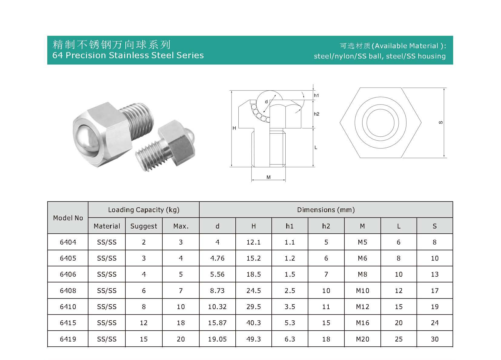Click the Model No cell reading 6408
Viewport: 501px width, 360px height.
click(x=68, y=291)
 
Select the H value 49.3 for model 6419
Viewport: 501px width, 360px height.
click(x=254, y=339)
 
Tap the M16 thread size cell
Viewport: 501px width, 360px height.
click(x=362, y=323)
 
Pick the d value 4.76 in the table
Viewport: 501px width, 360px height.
click(x=217, y=258)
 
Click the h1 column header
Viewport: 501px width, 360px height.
click(x=290, y=226)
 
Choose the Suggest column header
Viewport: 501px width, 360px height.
click(x=144, y=226)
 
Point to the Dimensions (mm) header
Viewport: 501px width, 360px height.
click(x=326, y=210)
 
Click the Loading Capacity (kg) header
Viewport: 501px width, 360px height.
click(x=144, y=210)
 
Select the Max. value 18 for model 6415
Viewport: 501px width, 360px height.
click(x=181, y=323)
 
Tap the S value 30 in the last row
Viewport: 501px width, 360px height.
click(x=434, y=339)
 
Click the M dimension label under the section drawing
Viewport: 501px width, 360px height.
click(x=268, y=177)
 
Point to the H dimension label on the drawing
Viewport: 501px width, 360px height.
click(x=234, y=128)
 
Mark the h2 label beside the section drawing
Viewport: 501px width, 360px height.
click(x=317, y=114)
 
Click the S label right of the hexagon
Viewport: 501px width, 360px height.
click(x=441, y=122)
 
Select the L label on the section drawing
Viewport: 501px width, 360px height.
click(x=316, y=148)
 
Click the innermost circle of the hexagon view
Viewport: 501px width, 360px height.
click(x=380, y=123)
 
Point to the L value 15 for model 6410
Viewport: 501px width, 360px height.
click(x=398, y=307)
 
